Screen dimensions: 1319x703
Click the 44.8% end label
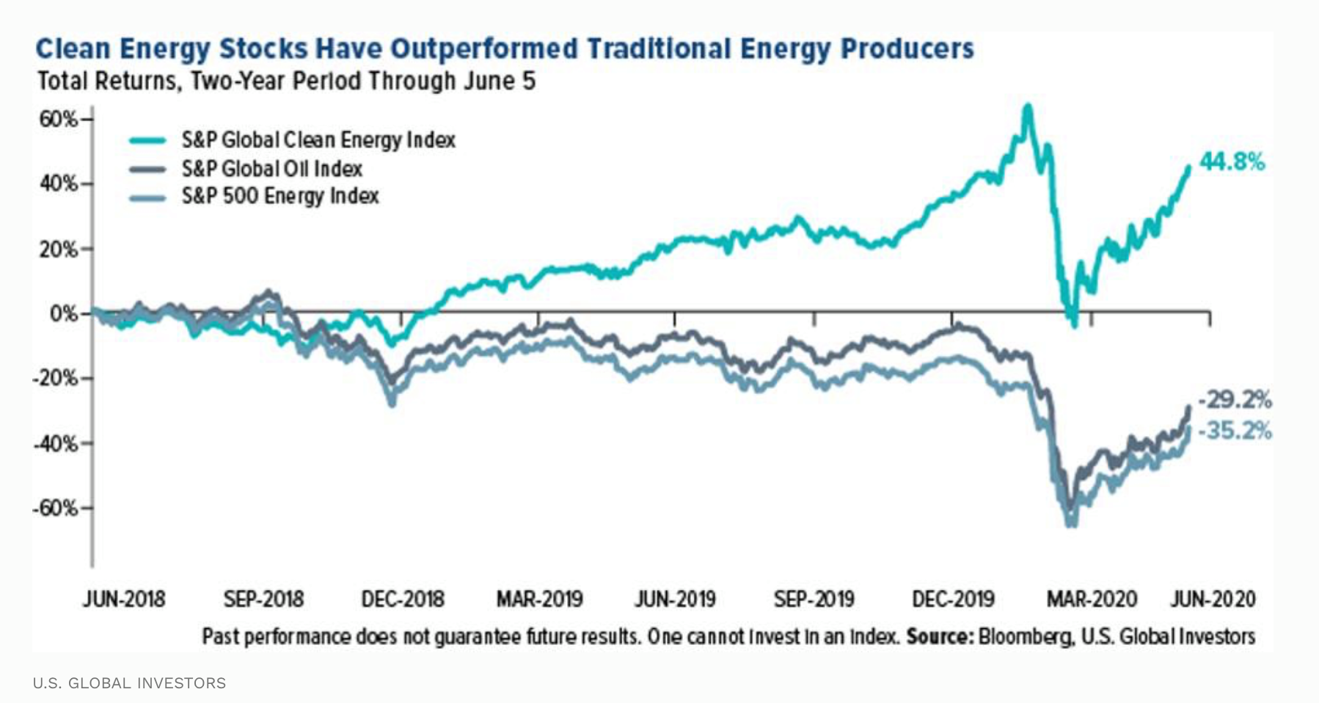point(1232,161)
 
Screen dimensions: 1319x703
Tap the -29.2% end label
point(1235,400)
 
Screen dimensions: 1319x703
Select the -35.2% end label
point(1235,431)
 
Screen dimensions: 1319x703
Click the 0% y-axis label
point(64,314)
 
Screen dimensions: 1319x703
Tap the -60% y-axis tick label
point(55,508)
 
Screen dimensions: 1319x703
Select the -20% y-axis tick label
point(55,379)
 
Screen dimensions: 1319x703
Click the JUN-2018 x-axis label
point(124,600)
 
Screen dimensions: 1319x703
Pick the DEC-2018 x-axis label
point(403,600)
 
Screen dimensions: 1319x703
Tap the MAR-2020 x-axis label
point(1092,600)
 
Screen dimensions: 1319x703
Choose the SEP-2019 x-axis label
point(814,600)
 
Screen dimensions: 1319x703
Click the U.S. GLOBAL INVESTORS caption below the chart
point(129,683)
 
